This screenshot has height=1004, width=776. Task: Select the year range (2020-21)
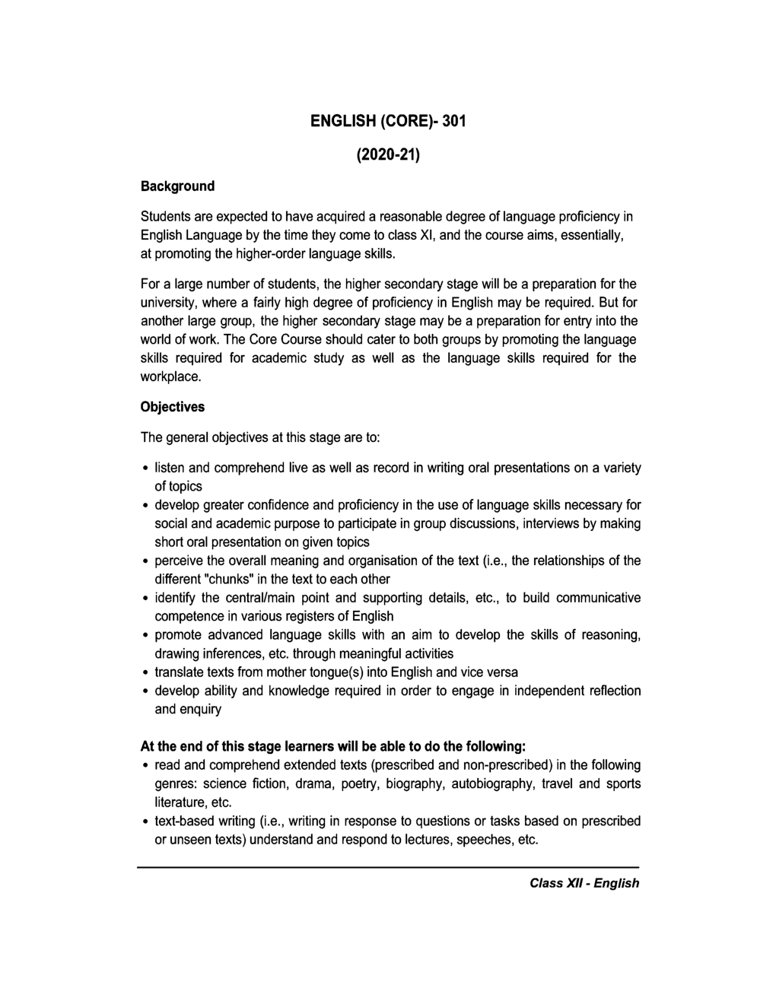[x=388, y=155]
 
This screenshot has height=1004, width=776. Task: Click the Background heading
[x=178, y=186]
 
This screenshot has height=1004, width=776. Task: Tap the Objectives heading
[x=173, y=407]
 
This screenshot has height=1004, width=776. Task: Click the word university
[x=168, y=303]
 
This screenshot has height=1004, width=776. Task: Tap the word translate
[x=179, y=672]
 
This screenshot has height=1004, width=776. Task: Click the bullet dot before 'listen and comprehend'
[x=145, y=468]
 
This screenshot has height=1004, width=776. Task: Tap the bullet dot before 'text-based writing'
[x=145, y=821]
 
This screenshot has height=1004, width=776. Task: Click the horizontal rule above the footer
[x=388, y=867]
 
